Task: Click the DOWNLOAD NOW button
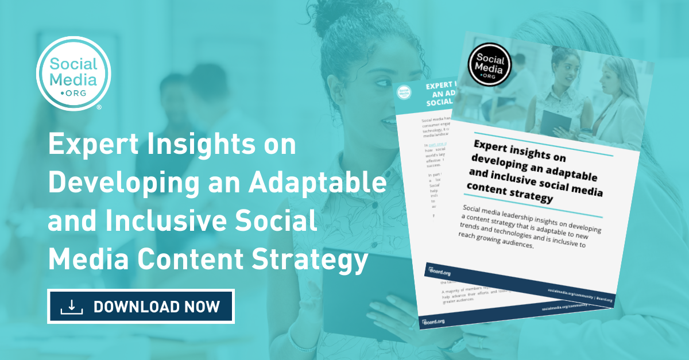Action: [x=141, y=306]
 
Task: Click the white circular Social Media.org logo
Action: [x=73, y=73]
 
